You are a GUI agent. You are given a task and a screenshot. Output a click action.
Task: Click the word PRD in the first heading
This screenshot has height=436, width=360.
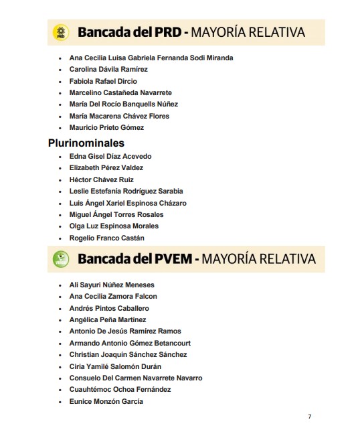(163, 32)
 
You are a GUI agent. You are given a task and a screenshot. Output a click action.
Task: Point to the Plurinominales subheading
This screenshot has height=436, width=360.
(86, 143)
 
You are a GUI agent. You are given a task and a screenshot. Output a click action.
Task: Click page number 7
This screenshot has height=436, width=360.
(309, 417)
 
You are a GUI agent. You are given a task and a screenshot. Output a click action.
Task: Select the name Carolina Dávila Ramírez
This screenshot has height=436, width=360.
(108, 69)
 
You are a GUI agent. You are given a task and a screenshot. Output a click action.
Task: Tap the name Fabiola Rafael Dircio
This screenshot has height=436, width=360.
(103, 81)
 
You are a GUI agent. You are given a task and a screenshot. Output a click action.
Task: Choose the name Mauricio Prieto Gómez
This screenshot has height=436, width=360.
(106, 127)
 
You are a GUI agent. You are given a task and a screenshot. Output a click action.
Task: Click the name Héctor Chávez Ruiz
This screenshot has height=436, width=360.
(101, 179)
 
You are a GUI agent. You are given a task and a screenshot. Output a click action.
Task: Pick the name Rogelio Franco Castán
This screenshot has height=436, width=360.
(106, 238)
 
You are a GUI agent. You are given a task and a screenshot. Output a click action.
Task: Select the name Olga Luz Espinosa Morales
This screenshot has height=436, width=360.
(114, 226)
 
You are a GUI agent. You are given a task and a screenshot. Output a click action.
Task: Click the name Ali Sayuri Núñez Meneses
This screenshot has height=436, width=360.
(112, 285)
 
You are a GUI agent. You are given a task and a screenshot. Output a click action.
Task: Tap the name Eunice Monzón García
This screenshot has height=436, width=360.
(106, 401)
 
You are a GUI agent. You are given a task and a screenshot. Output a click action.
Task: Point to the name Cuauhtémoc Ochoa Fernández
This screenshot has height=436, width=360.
(120, 389)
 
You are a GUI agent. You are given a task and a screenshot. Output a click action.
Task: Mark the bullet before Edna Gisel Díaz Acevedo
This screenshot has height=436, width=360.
(60, 157)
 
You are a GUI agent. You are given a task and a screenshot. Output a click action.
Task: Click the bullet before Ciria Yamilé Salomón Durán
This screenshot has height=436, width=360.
(60, 366)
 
